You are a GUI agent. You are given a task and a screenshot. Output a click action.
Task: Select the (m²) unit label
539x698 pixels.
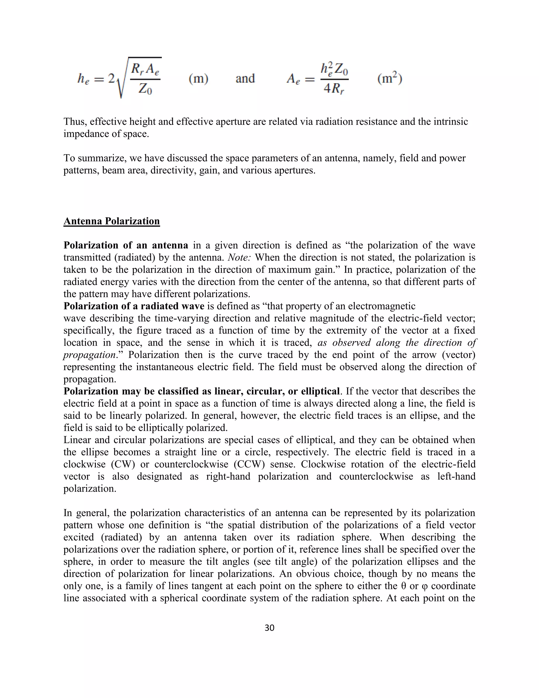coord(390,78)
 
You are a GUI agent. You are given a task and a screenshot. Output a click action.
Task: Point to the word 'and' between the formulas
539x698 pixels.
coord(245,78)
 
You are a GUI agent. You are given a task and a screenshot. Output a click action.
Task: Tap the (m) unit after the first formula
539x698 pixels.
coord(198,78)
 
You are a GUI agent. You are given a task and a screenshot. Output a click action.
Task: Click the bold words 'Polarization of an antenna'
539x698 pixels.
coord(126,245)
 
